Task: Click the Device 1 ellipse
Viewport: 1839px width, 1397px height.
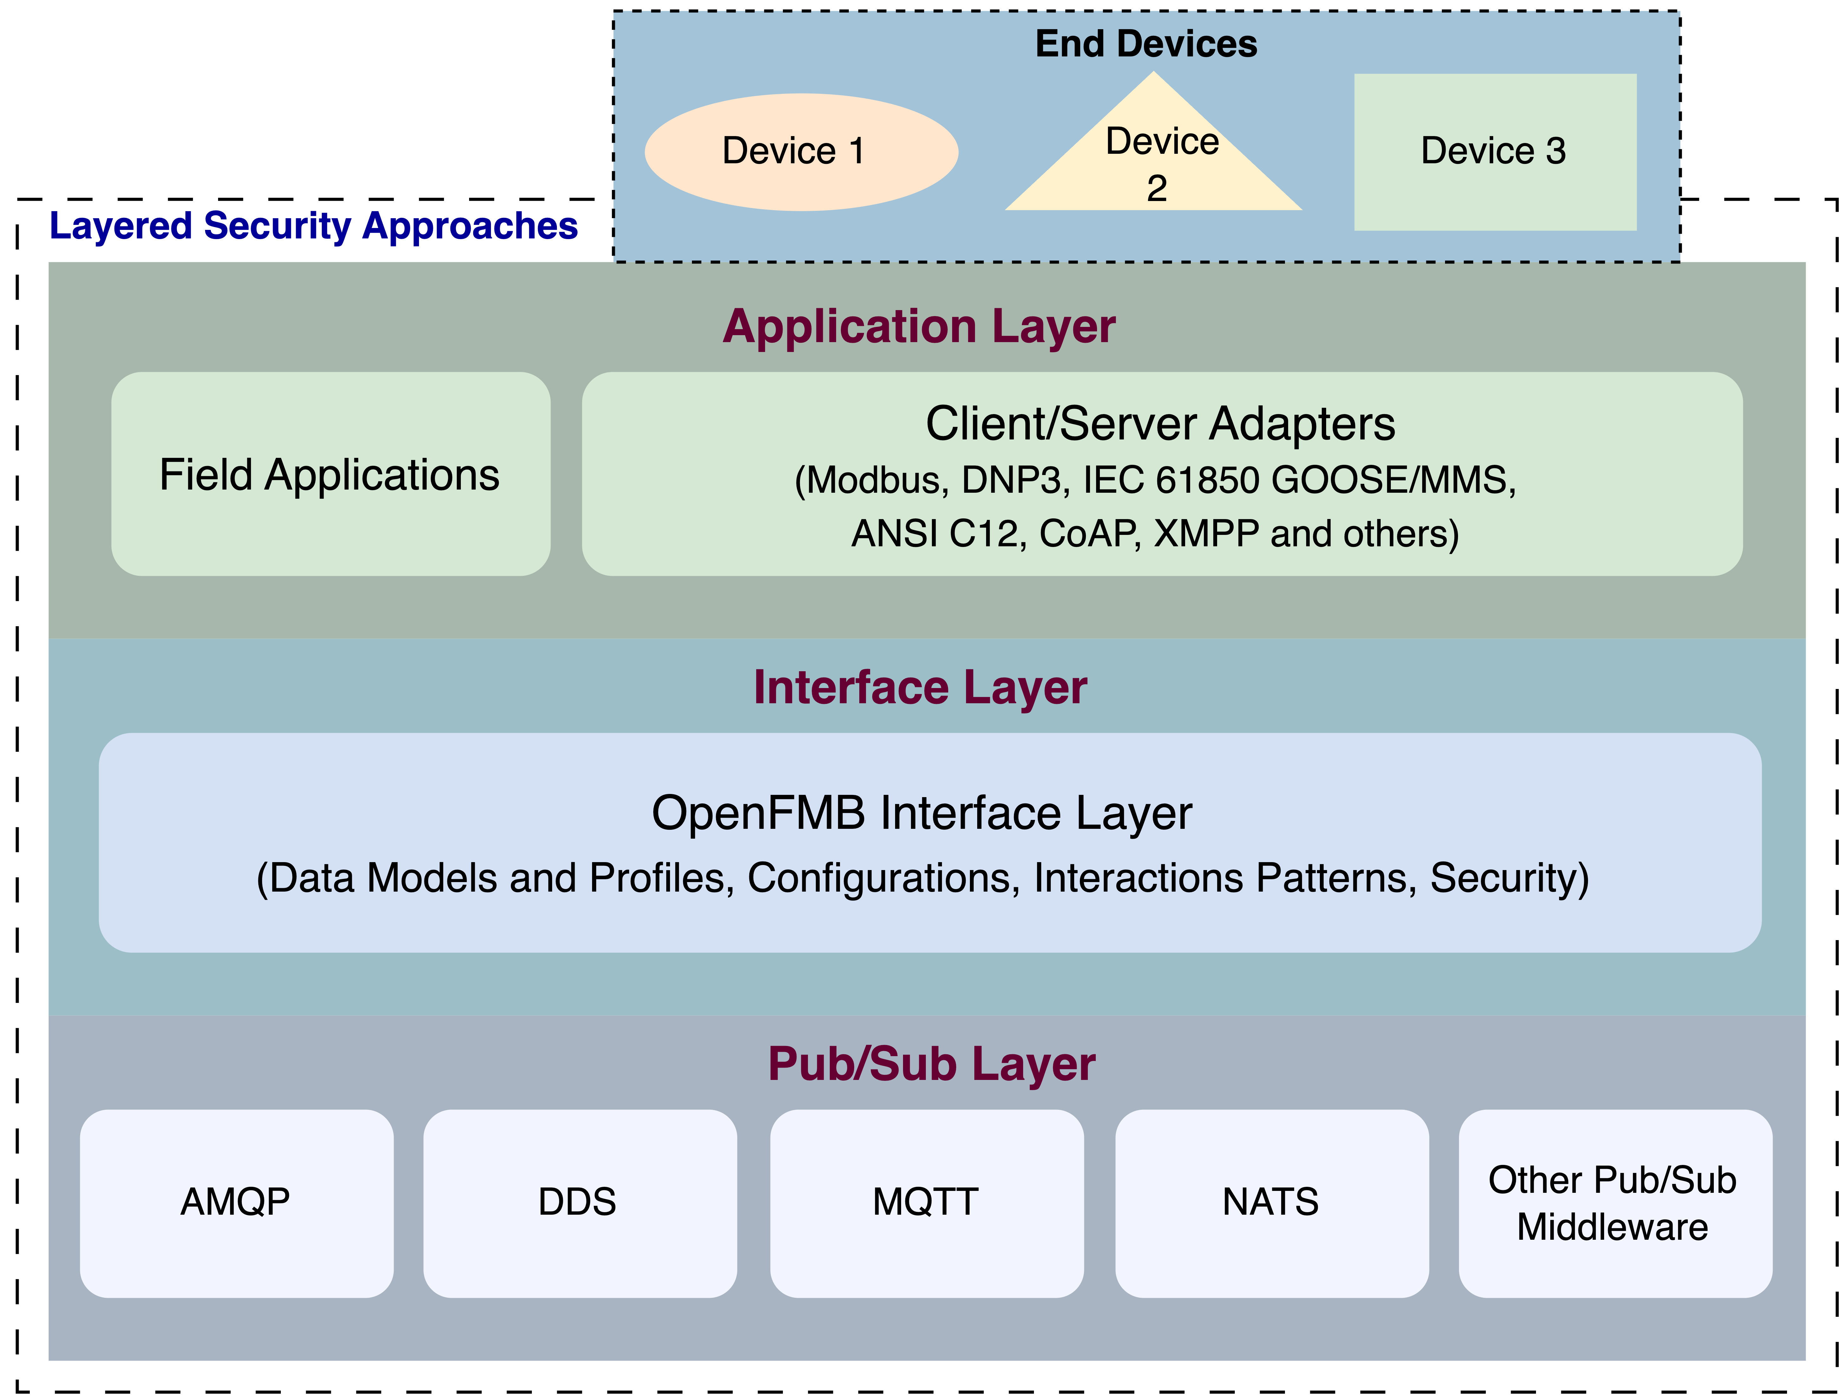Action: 802,152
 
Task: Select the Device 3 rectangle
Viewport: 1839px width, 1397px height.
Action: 1496,152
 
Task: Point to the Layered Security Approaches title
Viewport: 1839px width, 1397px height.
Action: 313,226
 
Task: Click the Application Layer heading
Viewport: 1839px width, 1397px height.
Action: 919,327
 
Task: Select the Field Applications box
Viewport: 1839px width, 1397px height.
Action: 331,474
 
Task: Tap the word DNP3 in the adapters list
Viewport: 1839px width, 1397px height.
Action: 1015,481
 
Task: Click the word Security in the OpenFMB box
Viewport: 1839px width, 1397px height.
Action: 1509,878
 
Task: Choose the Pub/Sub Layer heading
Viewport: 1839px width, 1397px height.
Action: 931,1064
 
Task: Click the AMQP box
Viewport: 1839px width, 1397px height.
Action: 237,1203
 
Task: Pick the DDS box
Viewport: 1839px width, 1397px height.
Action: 580,1203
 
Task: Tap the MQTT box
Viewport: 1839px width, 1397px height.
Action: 927,1203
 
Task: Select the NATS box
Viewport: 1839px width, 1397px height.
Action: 1272,1203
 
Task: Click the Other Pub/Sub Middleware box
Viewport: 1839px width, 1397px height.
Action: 1615,1203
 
